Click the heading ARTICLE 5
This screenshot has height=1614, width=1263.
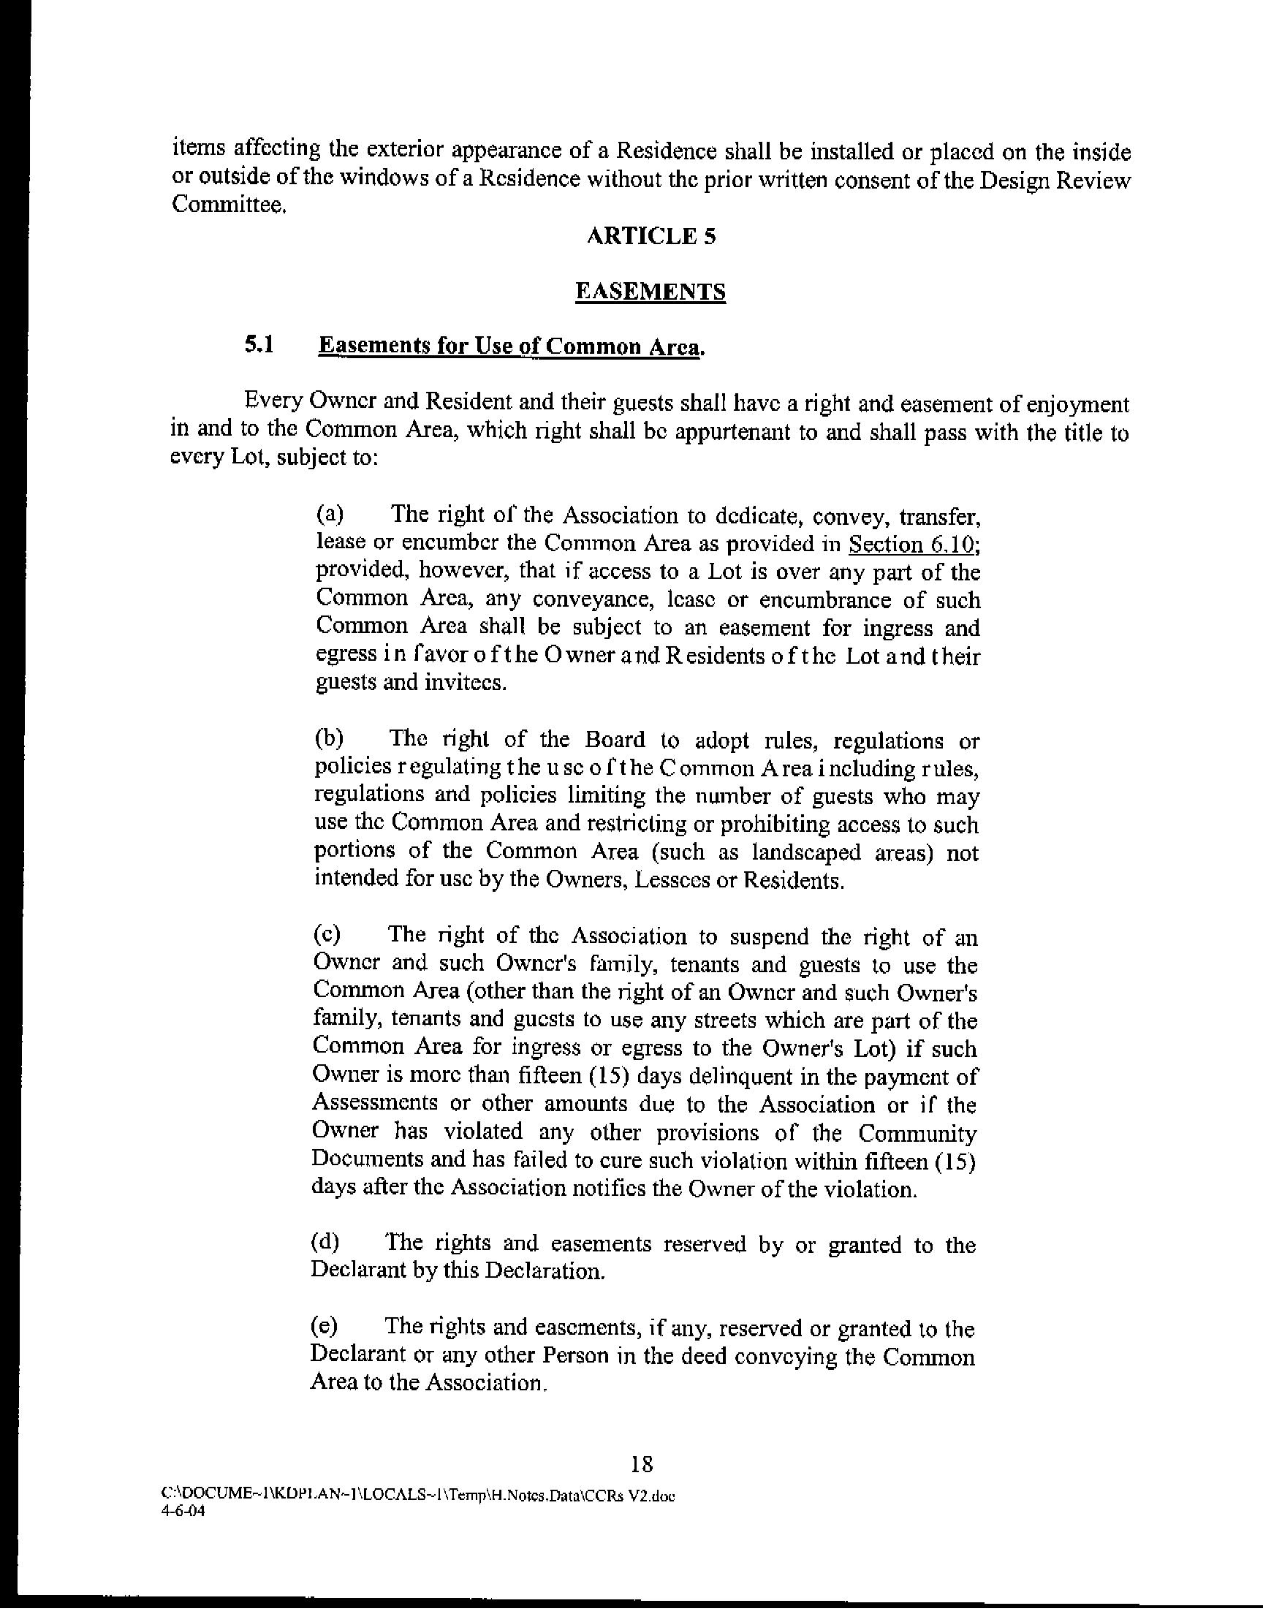pyautogui.click(x=651, y=237)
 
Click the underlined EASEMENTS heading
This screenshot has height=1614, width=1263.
pyautogui.click(x=651, y=292)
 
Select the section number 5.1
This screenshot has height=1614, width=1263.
pyautogui.click(x=259, y=344)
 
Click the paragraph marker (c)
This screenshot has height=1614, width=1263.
pyautogui.click(x=327, y=935)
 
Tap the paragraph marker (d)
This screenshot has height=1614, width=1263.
pyautogui.click(x=326, y=1243)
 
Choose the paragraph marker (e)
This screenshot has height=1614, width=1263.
pyautogui.click(x=325, y=1327)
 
